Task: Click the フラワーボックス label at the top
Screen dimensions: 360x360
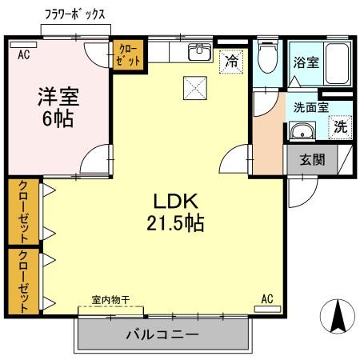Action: pyautogui.click(x=73, y=14)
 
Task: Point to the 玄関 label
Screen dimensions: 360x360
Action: pyautogui.click(x=313, y=158)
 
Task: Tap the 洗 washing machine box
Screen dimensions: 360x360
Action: pyautogui.click(x=339, y=126)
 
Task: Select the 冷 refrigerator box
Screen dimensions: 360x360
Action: pyautogui.click(x=231, y=61)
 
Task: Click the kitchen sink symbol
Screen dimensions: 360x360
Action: pyautogui.click(x=197, y=53)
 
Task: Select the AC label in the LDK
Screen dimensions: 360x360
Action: pyautogui.click(x=267, y=299)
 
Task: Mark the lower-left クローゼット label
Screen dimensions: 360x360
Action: pyautogui.click(x=23, y=281)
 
